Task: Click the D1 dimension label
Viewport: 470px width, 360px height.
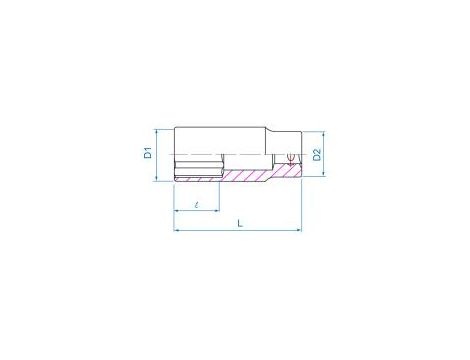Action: click(x=146, y=153)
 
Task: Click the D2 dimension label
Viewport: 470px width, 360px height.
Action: click(x=316, y=154)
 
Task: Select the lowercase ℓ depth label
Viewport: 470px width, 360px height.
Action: click(x=198, y=203)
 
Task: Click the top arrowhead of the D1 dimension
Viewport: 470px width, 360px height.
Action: click(x=158, y=129)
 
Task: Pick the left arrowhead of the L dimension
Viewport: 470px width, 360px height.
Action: click(x=177, y=230)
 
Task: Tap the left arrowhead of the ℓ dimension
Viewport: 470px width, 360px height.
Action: click(x=177, y=211)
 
